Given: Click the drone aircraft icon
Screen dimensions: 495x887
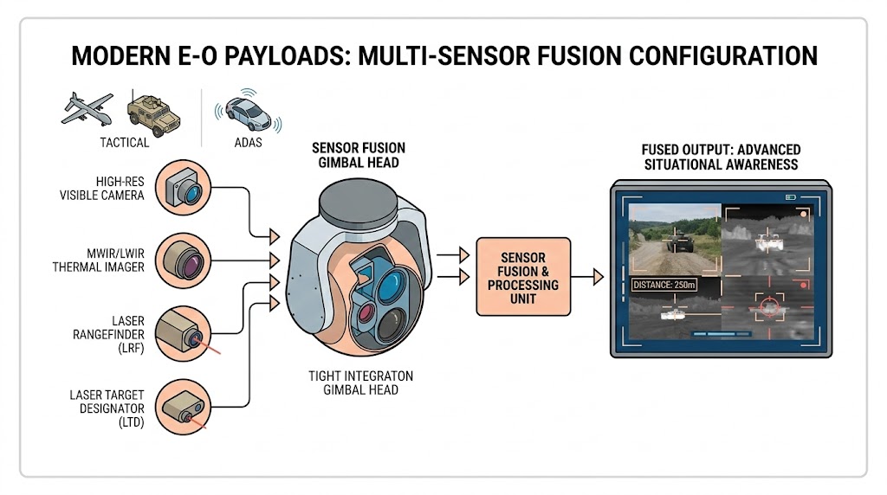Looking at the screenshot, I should coord(87,108).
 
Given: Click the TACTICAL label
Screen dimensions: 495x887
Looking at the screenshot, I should coord(124,143).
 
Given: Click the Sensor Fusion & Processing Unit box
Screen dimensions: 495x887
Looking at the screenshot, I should coord(523,277).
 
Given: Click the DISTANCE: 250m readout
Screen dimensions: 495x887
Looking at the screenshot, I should coord(664,285).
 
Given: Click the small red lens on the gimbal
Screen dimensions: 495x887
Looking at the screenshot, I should coord(365,310).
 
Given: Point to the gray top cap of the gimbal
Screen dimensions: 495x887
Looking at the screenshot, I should coord(357,205).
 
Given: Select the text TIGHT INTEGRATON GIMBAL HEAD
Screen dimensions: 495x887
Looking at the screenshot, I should coord(360,383).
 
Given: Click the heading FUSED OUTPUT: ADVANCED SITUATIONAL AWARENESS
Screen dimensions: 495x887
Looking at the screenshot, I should coord(722,157).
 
